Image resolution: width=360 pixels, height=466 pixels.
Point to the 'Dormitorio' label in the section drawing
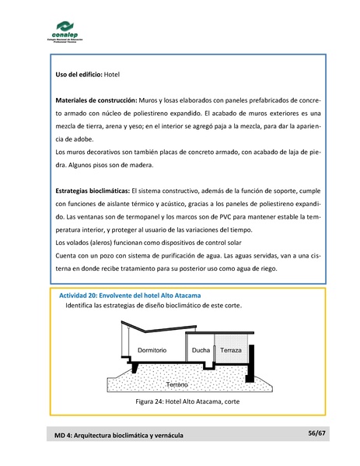152,351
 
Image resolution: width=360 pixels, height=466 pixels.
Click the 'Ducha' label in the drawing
201,351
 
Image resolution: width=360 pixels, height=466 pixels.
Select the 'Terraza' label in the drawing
231,351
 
